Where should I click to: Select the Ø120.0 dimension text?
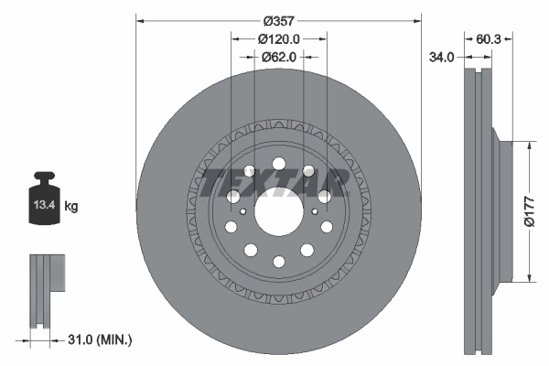279,39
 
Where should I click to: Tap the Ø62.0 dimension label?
279,58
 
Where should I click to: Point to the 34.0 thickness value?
442,58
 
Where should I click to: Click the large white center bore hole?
278,213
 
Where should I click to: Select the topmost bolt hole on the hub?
278,165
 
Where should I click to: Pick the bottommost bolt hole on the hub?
278,263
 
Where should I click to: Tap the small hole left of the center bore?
242,211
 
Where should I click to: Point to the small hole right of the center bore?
315,211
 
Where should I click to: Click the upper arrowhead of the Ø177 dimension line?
531,145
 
